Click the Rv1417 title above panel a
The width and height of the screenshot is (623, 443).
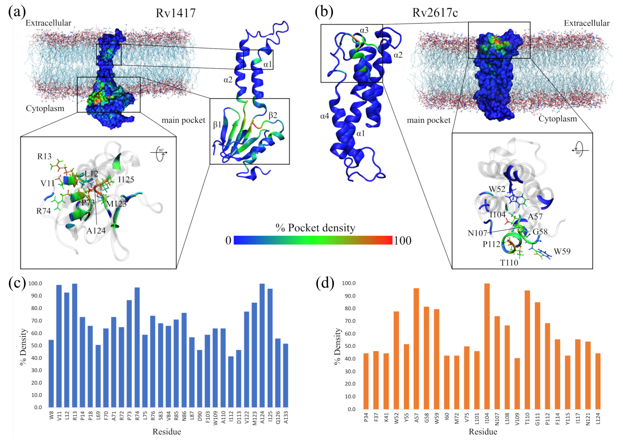(x=175, y=13)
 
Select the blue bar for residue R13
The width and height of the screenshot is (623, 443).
(x=75, y=345)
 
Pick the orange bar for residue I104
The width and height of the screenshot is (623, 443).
(x=487, y=346)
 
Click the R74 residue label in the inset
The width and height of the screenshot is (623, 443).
(x=44, y=211)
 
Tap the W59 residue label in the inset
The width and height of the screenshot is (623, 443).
(x=562, y=251)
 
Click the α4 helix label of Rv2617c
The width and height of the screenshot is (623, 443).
(x=324, y=116)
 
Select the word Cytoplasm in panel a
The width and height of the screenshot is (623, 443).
(x=45, y=108)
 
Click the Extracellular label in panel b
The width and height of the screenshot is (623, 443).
(x=586, y=23)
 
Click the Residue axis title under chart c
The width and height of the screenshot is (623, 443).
(x=167, y=431)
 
